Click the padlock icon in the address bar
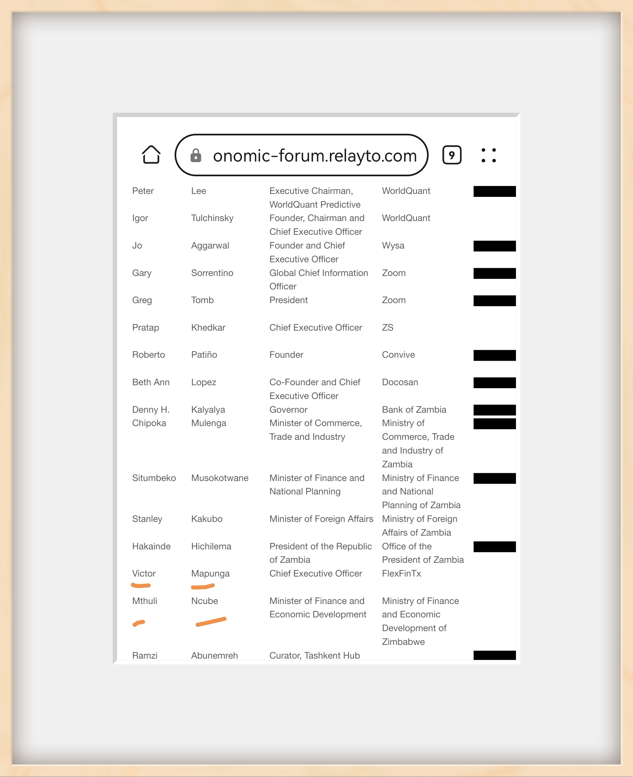(196, 155)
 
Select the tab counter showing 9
(452, 155)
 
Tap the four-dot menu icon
(488, 155)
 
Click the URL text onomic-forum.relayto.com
(315, 156)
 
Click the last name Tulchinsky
(212, 218)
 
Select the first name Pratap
(145, 327)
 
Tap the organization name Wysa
(393, 245)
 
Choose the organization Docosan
(400, 382)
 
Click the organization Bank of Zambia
(414, 409)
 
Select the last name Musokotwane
(219, 478)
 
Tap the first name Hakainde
(151, 546)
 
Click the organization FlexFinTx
(402, 574)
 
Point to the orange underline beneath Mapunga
(203, 587)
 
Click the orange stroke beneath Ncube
(211, 622)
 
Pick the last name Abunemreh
(214, 656)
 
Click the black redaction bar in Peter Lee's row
(494, 191)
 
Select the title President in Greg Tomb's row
(288, 300)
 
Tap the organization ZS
(387, 327)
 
